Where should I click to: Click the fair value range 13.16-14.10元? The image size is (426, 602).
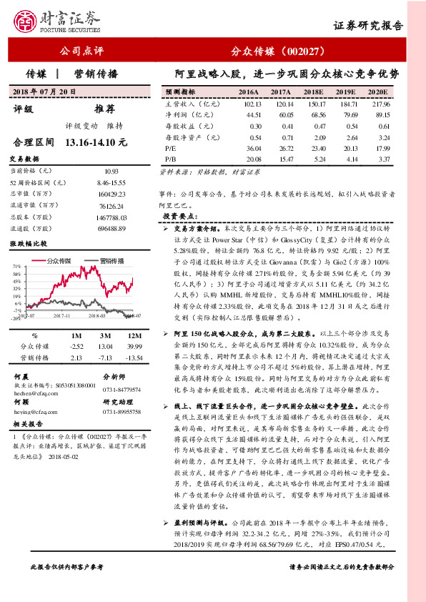[96, 143]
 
